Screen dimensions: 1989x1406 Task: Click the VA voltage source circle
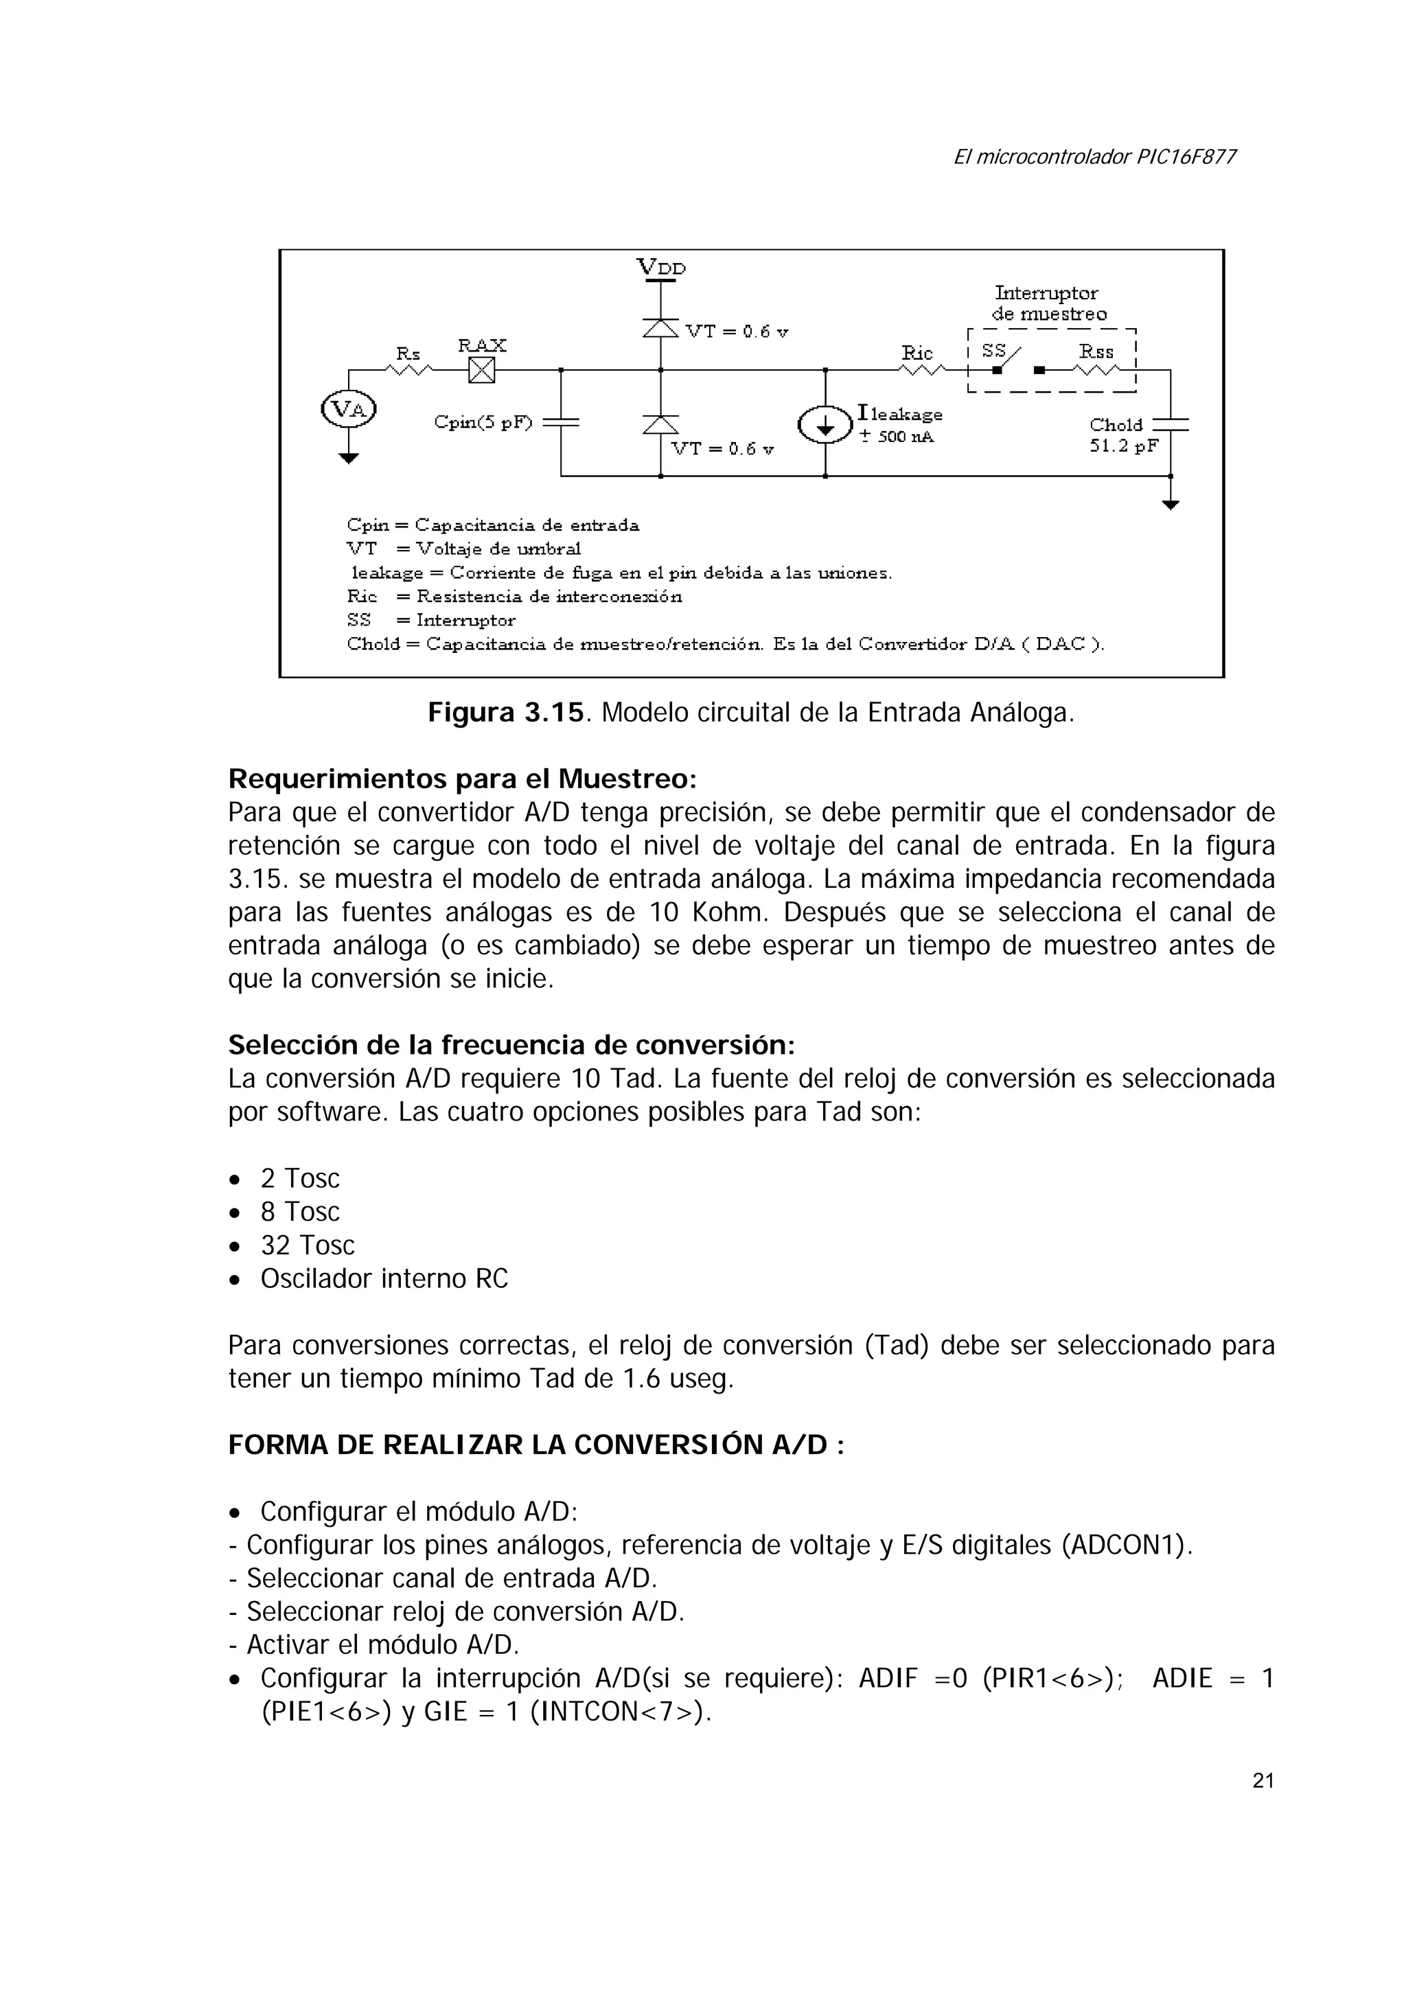pos(348,409)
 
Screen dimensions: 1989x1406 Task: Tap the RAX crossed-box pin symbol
pos(482,371)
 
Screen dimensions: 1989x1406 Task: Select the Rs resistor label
pos(408,354)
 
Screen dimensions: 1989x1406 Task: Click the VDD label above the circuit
pos(661,267)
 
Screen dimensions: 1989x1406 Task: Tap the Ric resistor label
pos(917,353)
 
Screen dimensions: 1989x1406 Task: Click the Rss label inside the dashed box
pos(1096,352)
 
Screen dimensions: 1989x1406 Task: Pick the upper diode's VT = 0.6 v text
pos(737,332)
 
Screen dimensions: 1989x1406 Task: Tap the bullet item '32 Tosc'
pos(308,1245)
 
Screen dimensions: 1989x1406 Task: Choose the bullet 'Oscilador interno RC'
pos(384,1278)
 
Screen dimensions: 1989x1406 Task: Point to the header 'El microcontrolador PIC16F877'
pos(1094,157)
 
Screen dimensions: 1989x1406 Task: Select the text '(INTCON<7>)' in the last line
pos(619,1712)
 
